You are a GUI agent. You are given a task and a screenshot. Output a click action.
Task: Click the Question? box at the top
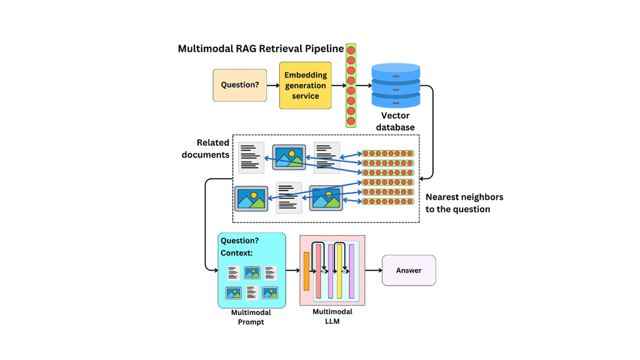coord(240,85)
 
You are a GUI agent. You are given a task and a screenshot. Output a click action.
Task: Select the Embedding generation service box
coord(305,85)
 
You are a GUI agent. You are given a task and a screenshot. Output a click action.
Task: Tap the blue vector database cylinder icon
coord(396,85)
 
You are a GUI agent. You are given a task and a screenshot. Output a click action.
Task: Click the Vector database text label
coord(395,121)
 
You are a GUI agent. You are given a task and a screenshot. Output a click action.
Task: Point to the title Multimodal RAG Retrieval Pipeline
coord(261,49)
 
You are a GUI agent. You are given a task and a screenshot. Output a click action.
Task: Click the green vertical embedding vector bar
coord(351,86)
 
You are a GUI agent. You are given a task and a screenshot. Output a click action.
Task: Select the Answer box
coord(409,271)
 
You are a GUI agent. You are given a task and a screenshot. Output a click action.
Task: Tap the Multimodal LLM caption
coord(332,316)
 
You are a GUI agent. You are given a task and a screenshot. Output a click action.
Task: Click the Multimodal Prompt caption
coord(251,317)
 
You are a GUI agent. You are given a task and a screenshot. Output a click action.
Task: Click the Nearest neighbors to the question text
coord(464,203)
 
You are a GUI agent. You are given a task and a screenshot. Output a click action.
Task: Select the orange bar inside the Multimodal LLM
coord(306,271)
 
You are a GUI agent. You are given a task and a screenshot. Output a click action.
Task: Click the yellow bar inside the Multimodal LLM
coord(339,271)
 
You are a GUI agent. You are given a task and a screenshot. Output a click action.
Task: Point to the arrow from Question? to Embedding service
coord(273,85)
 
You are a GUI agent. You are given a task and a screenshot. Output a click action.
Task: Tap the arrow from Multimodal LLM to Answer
coord(373,271)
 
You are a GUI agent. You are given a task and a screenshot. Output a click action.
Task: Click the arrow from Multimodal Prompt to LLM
coord(292,271)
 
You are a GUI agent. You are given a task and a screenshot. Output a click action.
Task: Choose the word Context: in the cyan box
coord(237,253)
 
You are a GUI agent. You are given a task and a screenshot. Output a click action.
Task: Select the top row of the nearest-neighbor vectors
coord(388,153)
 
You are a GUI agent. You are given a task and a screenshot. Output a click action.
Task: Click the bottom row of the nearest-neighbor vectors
coord(388,201)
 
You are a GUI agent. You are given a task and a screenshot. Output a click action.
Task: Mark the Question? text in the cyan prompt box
coord(239,241)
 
